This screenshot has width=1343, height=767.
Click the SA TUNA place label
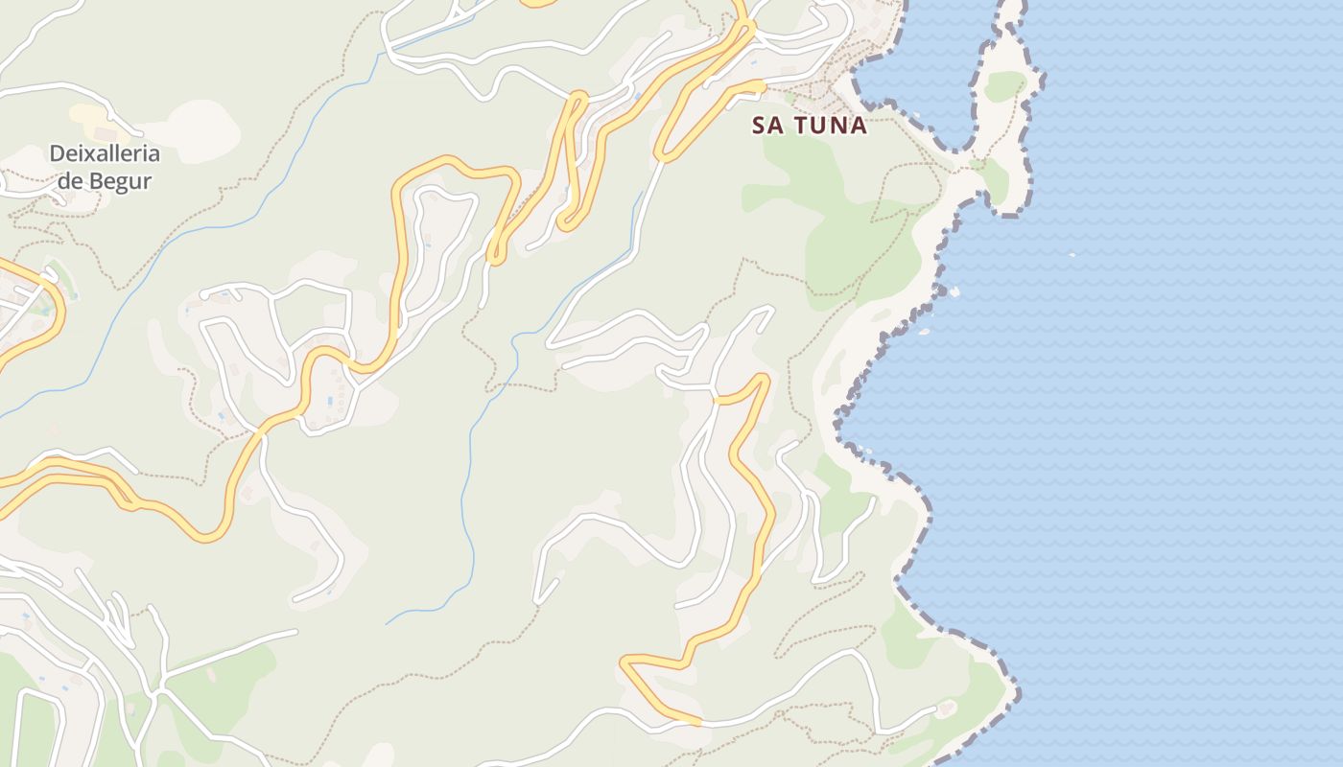coord(810,125)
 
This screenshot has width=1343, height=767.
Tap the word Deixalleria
coord(105,153)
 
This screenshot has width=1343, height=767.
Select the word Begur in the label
coord(118,180)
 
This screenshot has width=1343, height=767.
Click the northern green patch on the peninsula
coord(1004,86)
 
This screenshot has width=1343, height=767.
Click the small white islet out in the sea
coord(1072,254)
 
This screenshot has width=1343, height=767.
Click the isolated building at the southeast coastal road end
coord(948,709)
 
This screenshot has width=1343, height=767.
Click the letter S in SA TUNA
coord(760,125)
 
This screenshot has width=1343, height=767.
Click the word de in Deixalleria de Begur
coord(70,180)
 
